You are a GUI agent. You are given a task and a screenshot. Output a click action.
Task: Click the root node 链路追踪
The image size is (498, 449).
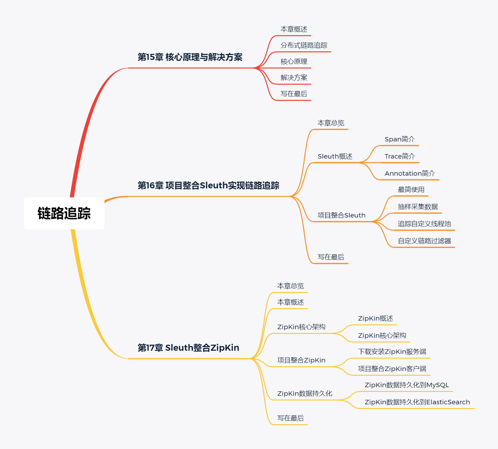(x=64, y=213)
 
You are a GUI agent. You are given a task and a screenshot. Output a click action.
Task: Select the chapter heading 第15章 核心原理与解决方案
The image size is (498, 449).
(x=190, y=57)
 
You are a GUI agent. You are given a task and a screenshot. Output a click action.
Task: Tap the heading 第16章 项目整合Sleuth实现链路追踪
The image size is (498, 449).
(x=208, y=185)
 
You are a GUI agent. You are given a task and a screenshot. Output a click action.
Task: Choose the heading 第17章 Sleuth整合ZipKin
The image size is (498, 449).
(x=188, y=348)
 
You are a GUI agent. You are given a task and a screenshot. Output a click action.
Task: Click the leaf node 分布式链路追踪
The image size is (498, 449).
(x=304, y=45)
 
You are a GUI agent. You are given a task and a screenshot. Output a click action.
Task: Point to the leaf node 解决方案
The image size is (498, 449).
(x=294, y=78)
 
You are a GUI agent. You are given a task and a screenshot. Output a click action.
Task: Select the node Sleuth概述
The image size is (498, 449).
(x=335, y=156)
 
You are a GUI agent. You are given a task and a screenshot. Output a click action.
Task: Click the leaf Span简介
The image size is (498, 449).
(x=400, y=139)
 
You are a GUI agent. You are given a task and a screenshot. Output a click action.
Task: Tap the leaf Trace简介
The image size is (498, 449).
(x=400, y=156)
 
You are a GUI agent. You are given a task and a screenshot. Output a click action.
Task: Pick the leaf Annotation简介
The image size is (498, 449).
(x=410, y=173)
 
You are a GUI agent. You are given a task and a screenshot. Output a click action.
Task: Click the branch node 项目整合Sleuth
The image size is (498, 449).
(x=341, y=215)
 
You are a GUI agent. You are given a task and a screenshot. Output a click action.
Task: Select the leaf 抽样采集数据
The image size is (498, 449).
(x=418, y=207)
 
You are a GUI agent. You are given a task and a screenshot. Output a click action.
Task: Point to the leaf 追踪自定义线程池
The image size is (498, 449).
(x=424, y=224)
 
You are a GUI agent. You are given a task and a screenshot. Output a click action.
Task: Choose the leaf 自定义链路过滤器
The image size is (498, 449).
(x=424, y=241)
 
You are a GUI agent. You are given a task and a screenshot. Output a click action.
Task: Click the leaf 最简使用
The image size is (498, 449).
(x=411, y=190)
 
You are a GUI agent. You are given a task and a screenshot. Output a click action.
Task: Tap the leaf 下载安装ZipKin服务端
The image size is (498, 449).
(x=392, y=352)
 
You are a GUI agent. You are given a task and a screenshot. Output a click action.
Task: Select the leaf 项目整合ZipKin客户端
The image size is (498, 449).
(x=392, y=369)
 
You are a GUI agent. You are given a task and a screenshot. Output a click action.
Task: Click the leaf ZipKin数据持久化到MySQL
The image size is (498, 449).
(x=407, y=385)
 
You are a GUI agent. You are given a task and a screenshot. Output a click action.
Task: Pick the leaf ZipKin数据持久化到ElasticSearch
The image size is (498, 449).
(x=417, y=402)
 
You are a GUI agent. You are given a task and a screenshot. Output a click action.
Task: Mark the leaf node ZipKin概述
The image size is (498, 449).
(x=375, y=318)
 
